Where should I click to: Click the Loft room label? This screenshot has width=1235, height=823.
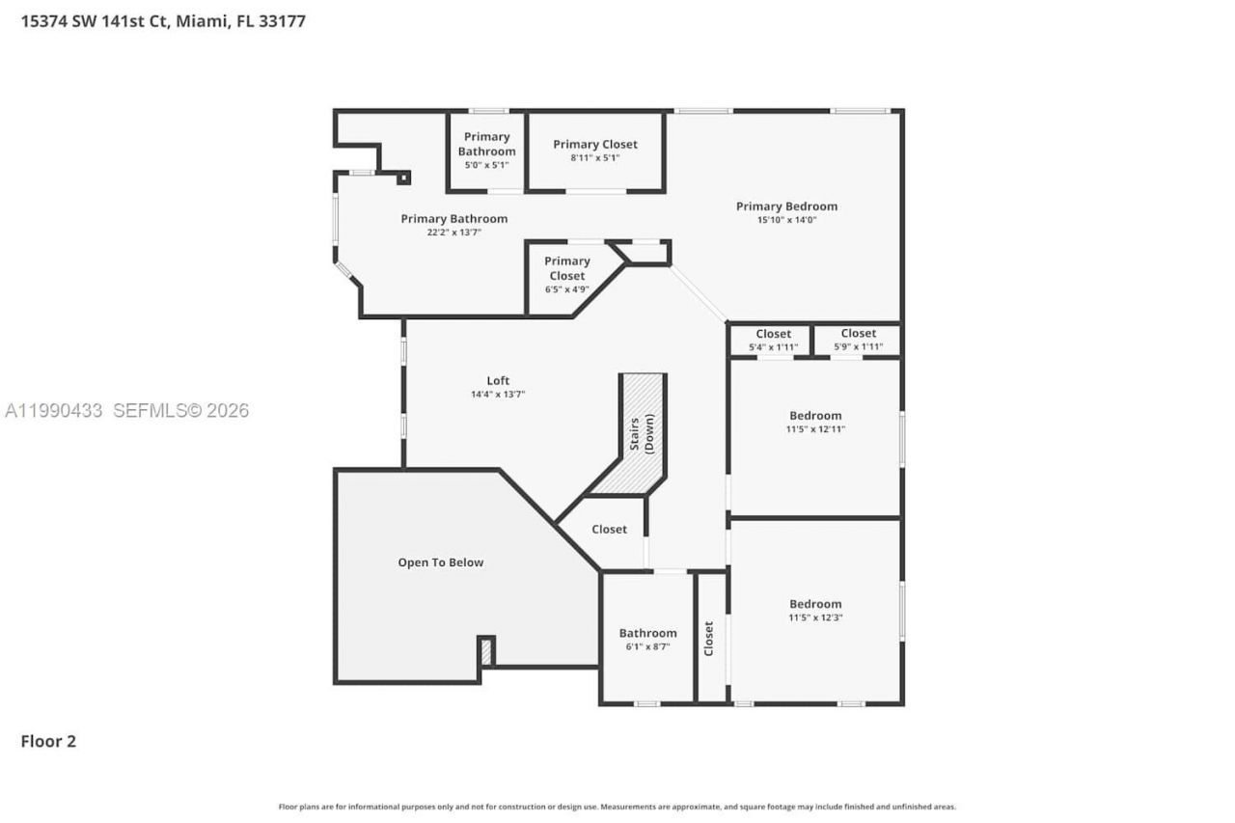[x=498, y=380]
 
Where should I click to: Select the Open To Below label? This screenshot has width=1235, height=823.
[x=441, y=562]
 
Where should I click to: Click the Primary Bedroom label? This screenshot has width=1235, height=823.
[x=786, y=206]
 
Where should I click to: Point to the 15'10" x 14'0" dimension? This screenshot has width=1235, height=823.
[x=786, y=220]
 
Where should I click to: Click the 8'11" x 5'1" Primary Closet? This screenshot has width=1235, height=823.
[x=595, y=151]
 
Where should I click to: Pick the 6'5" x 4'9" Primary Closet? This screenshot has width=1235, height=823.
[x=567, y=274]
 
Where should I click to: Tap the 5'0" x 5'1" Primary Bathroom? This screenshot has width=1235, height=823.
[x=486, y=151]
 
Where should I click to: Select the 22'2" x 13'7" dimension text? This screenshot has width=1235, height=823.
[x=453, y=233]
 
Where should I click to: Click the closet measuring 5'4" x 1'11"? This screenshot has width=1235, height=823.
[x=773, y=340]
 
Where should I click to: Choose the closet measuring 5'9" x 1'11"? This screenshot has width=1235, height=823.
[x=858, y=340]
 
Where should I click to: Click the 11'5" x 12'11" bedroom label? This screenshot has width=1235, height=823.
[x=815, y=423]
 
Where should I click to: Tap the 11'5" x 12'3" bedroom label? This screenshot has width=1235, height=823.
[x=815, y=610]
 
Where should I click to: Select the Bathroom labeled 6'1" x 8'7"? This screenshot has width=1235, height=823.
[x=647, y=639]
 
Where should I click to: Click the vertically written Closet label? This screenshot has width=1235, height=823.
[x=709, y=639]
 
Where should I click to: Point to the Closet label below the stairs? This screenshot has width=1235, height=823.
[x=609, y=529]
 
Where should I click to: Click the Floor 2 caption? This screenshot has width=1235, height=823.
[x=48, y=741]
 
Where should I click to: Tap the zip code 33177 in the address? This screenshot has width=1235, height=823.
[x=285, y=20]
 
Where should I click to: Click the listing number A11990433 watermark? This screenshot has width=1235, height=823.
[x=53, y=410]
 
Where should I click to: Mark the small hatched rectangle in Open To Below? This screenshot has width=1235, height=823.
[x=486, y=652]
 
